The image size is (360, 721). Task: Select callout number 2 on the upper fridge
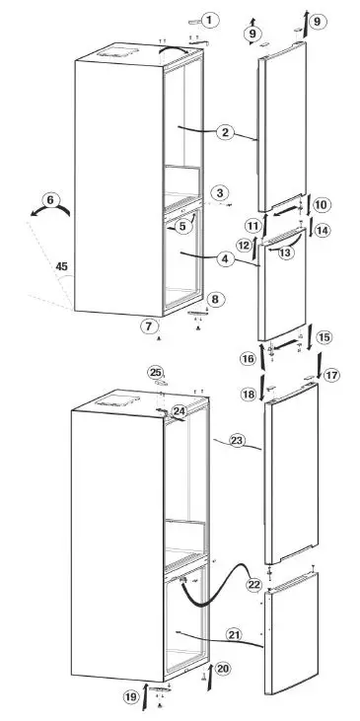point(226,132)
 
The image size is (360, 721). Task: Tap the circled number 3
point(219,193)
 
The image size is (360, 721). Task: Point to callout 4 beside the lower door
point(226,260)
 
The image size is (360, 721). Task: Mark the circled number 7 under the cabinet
point(215,298)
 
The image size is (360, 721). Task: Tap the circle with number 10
point(321,205)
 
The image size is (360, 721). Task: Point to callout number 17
point(330,375)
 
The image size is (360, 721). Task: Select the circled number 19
point(131,698)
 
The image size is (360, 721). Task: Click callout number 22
point(253,585)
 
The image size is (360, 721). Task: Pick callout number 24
point(179,410)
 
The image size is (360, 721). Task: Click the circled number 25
point(155,372)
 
